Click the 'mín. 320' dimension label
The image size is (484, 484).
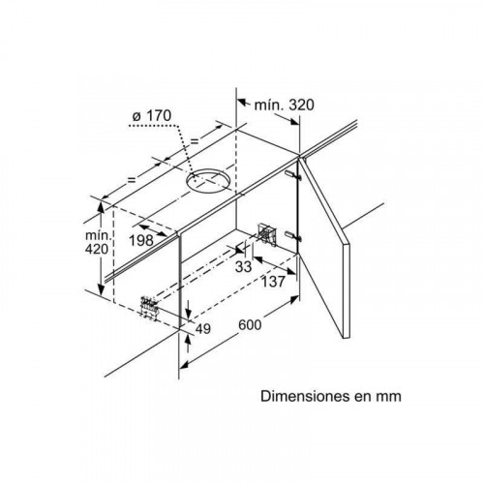(284, 106)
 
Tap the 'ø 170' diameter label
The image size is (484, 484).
(152, 116)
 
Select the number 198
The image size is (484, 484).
(141, 240)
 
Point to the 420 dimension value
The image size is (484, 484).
(97, 249)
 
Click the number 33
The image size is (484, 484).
(243, 267)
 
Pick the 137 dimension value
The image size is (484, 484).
(273, 282)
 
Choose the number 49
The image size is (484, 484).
(203, 329)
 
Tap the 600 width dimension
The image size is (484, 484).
(250, 324)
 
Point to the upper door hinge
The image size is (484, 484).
(293, 175)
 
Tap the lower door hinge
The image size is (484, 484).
(293, 236)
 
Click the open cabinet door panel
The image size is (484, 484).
(324, 247)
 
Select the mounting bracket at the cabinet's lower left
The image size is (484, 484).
(149, 307)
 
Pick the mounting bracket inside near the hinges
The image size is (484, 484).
(267, 233)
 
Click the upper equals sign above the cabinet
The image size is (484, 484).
(195, 140)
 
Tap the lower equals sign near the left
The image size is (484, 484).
(132, 180)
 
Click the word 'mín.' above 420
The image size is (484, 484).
(99, 234)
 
